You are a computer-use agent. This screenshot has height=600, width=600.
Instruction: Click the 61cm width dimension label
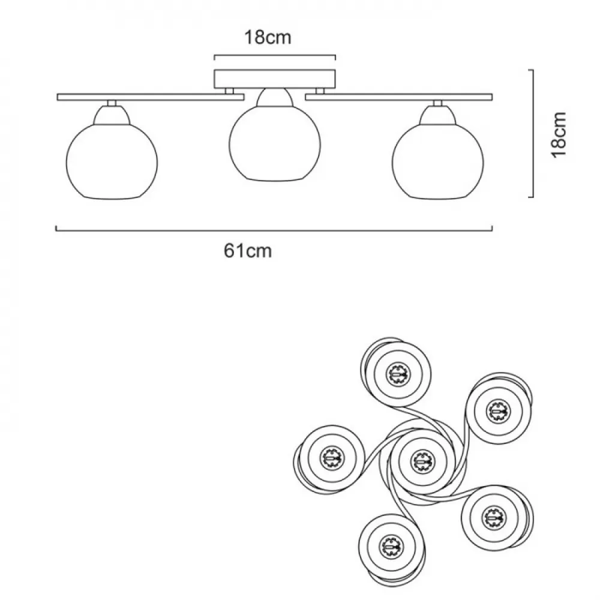pos(248,251)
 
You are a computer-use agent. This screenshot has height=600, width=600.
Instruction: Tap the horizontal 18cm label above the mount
pos(268,37)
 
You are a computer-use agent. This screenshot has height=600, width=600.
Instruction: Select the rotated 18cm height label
pos(558,134)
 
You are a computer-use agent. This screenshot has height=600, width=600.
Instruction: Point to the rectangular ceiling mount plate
pos(275,79)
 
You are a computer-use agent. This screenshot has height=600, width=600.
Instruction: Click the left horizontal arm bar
pos(151,97)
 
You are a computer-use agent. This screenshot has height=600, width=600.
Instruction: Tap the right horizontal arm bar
pos(399,97)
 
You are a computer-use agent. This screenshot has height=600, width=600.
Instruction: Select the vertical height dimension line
pos(532,134)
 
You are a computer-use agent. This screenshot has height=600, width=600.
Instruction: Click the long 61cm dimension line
pos(274,230)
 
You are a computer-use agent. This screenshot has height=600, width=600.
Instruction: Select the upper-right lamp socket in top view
pos(498,412)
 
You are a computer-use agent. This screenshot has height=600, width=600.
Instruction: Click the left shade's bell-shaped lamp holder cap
pos(112,115)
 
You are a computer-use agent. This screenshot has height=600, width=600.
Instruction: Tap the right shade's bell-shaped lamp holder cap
pos(438,115)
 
